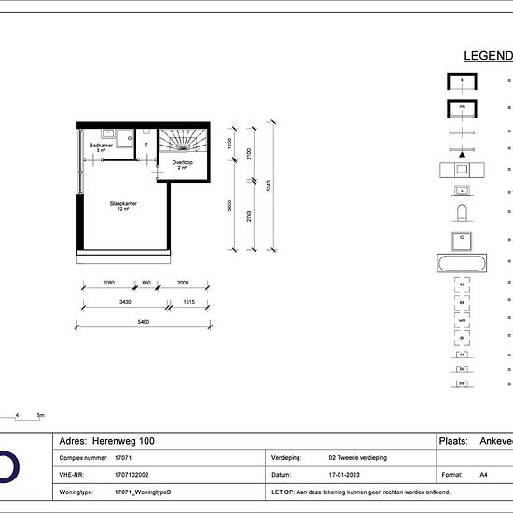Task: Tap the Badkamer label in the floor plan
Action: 102,146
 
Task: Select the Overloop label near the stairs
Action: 182,162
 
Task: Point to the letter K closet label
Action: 146,145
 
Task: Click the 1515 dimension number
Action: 187,302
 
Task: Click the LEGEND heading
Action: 487,56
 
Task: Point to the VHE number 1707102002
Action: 133,475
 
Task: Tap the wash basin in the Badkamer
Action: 107,132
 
